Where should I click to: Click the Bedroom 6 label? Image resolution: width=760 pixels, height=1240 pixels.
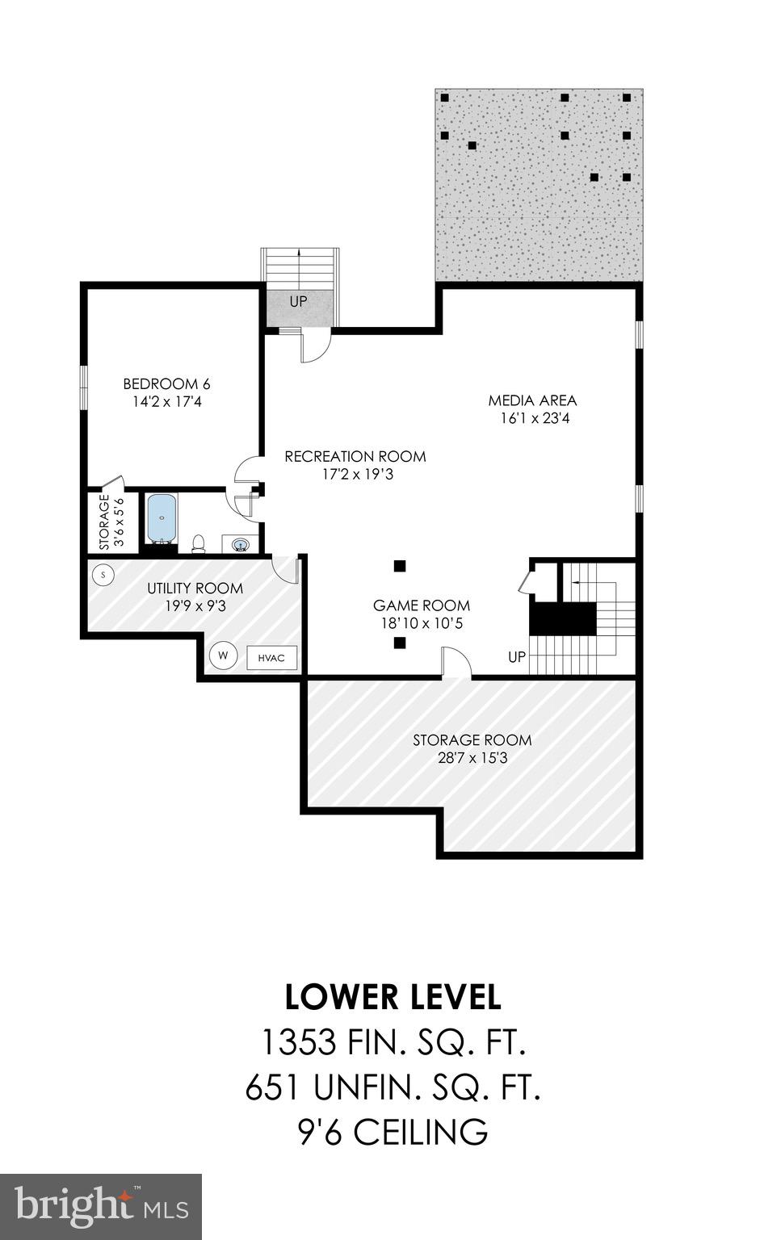[x=166, y=383]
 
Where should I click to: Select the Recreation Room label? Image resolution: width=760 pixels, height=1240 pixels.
[x=355, y=456]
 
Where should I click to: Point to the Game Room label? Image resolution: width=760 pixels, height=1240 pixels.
[x=421, y=605]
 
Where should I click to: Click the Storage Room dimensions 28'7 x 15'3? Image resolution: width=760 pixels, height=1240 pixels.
[x=472, y=758]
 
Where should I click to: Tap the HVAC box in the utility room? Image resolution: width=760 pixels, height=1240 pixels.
[x=271, y=657]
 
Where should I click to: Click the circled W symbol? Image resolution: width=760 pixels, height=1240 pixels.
[x=223, y=656]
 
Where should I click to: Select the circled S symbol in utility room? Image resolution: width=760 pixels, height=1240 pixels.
[x=103, y=575]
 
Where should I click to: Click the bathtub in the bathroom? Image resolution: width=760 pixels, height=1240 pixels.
[x=162, y=518]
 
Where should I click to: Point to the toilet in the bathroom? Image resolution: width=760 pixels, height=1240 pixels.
[x=198, y=543]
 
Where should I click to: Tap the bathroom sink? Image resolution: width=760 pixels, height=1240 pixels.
[x=240, y=545]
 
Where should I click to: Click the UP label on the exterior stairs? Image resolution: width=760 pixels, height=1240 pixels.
[x=299, y=302]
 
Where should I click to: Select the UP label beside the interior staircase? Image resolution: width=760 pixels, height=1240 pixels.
[x=517, y=657]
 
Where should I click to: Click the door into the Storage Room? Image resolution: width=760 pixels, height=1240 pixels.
[x=456, y=663]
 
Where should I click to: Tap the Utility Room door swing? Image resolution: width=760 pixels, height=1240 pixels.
[x=286, y=568]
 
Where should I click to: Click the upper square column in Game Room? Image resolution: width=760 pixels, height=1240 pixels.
[x=399, y=566]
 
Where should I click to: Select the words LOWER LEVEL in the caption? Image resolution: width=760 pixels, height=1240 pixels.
[x=393, y=998]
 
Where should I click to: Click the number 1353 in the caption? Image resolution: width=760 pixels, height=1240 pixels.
[x=298, y=1043]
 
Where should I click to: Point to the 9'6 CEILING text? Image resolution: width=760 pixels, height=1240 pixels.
[x=393, y=1132]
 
